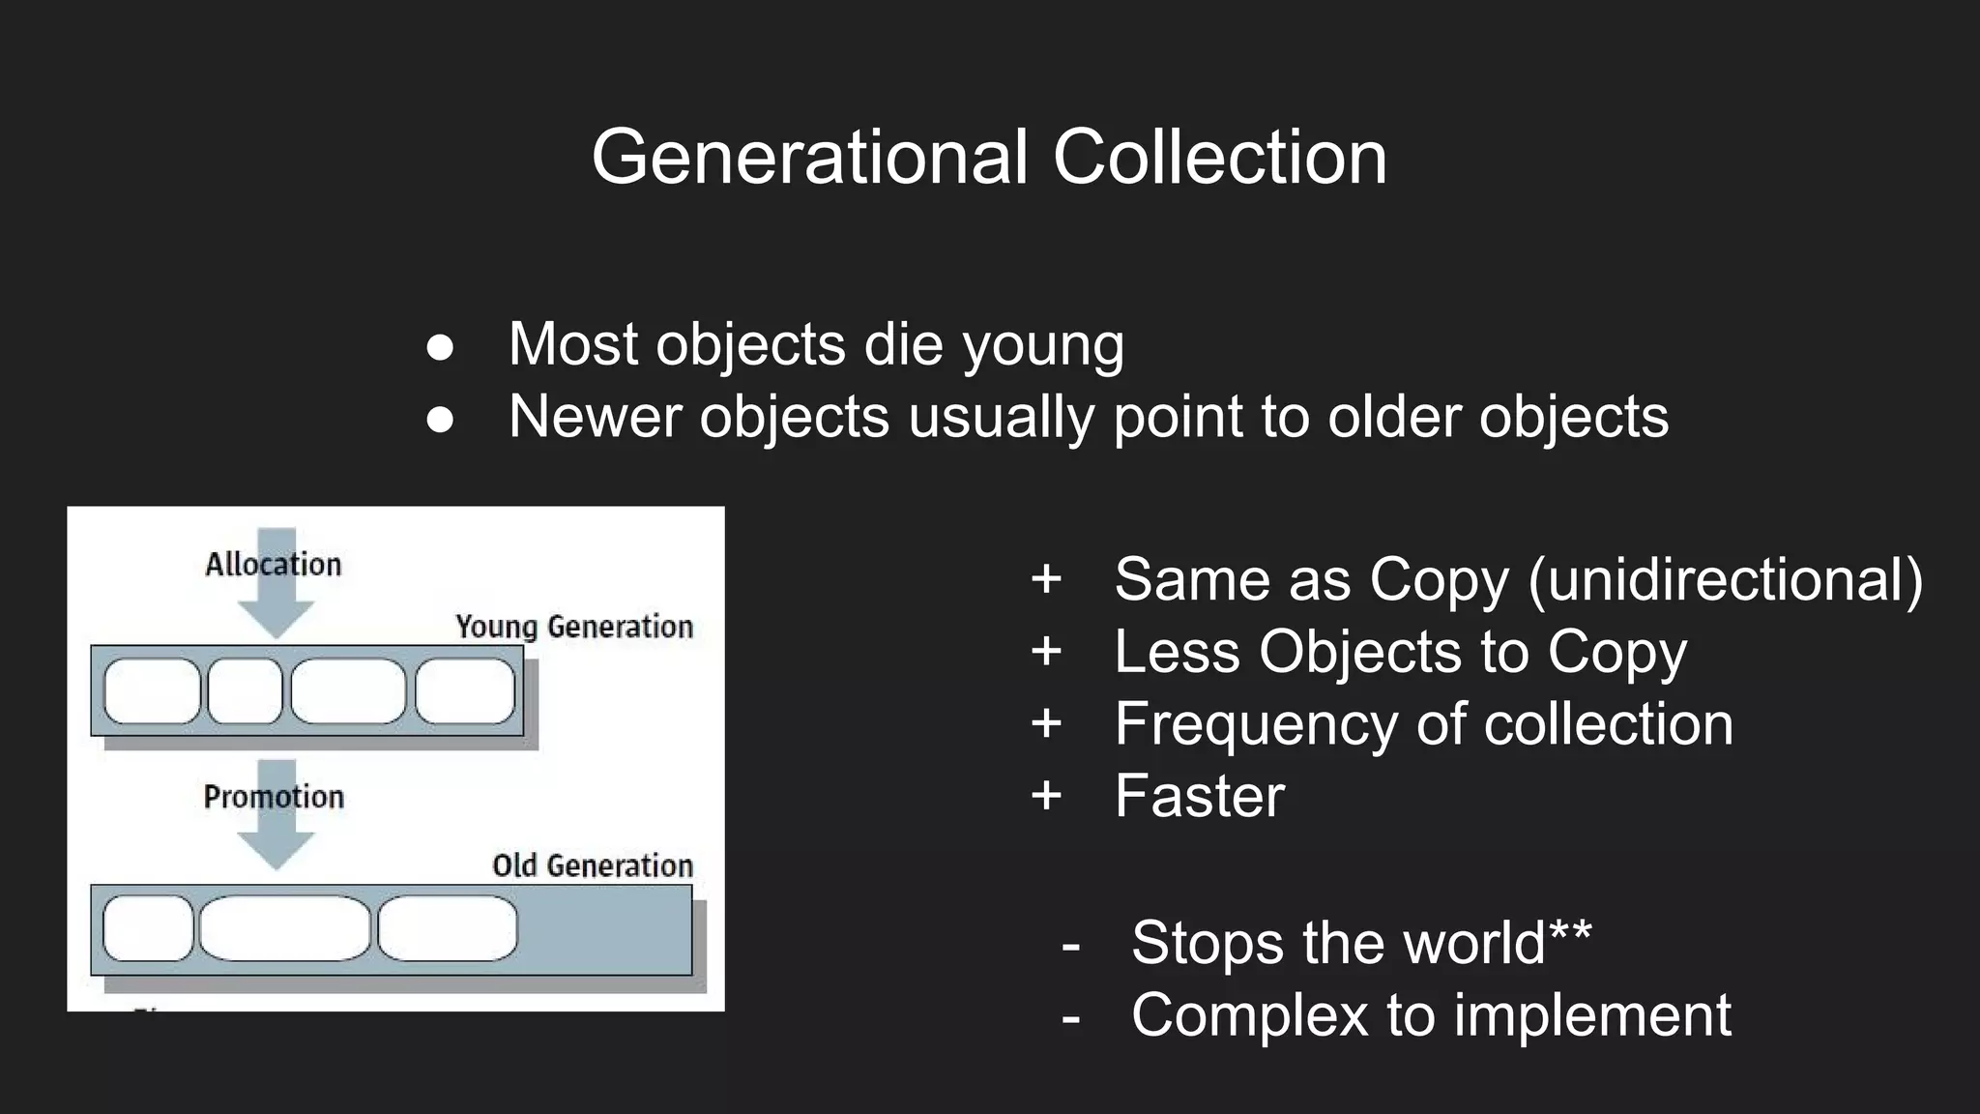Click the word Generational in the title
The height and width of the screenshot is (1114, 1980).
coord(809,157)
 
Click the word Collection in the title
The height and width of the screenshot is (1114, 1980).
coord(1219,157)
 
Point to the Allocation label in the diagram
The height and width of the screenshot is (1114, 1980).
coord(274,564)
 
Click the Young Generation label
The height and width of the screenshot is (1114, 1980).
coord(574,627)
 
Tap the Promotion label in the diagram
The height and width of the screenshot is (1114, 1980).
coord(274,797)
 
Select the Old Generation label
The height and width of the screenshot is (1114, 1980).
coord(592,865)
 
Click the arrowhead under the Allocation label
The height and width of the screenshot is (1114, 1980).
coord(277,618)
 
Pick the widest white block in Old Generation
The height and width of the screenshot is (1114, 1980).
coord(285,928)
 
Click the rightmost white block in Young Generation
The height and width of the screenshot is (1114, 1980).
coord(465,691)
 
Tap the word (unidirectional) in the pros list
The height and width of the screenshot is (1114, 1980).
coord(1726,580)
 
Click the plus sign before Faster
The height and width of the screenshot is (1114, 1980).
coord(1046,796)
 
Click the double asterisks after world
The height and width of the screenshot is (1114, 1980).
coord(1570,934)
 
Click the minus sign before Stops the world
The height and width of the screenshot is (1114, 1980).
coord(1070,944)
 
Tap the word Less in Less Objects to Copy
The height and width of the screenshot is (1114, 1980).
coord(1177,652)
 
